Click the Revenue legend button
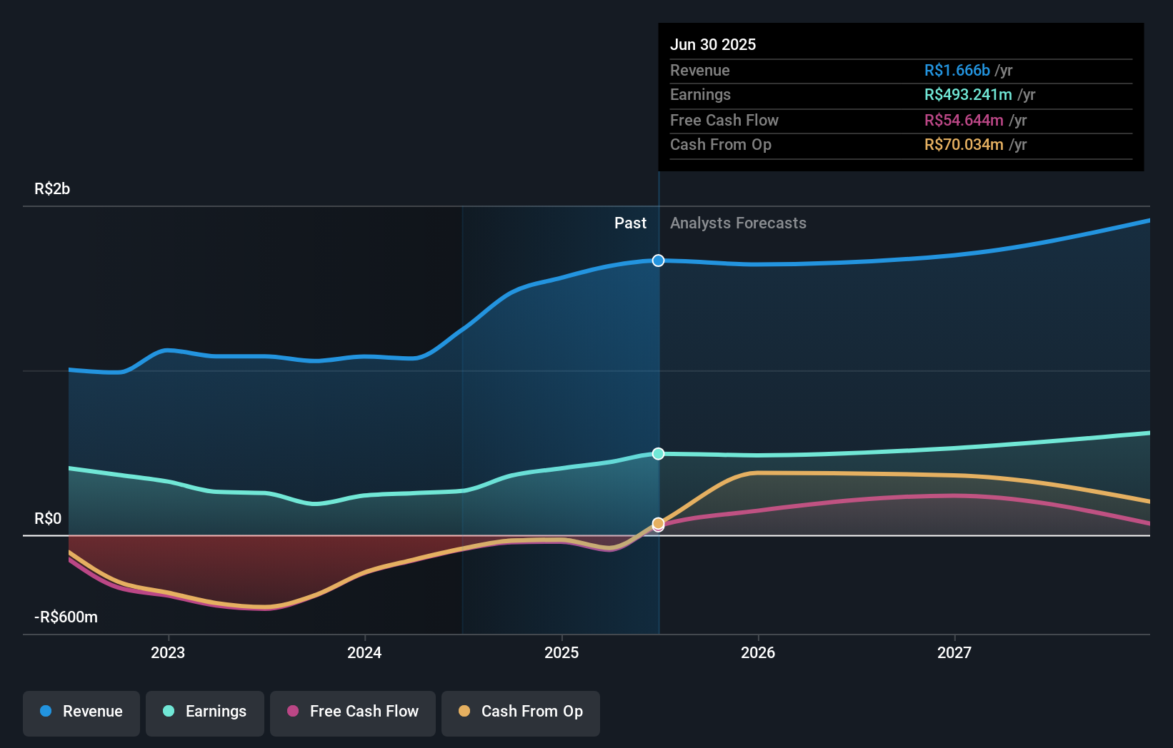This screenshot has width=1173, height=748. click(81, 712)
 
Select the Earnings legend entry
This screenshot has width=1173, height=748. click(205, 712)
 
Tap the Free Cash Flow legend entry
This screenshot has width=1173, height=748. click(353, 712)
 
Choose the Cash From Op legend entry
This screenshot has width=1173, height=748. click(521, 712)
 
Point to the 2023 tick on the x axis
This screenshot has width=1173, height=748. click(168, 652)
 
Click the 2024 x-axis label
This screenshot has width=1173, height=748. click(364, 652)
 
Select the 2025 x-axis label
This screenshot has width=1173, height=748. click(561, 652)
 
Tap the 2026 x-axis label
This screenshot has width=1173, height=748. click(758, 652)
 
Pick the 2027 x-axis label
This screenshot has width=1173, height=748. click(954, 652)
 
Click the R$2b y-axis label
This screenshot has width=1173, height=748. click(52, 189)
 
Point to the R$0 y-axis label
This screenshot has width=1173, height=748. click(48, 519)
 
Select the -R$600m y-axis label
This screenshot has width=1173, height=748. click(66, 617)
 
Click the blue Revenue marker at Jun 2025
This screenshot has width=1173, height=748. click(659, 261)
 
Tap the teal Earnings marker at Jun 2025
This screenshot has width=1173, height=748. click(659, 454)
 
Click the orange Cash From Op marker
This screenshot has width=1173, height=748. click(659, 523)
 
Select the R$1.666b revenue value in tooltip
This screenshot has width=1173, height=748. click(957, 71)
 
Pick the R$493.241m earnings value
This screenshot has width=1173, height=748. click(968, 95)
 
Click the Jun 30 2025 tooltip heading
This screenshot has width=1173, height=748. click(712, 45)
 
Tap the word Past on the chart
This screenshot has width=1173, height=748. click(630, 223)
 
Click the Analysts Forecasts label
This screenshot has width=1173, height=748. click(738, 223)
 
